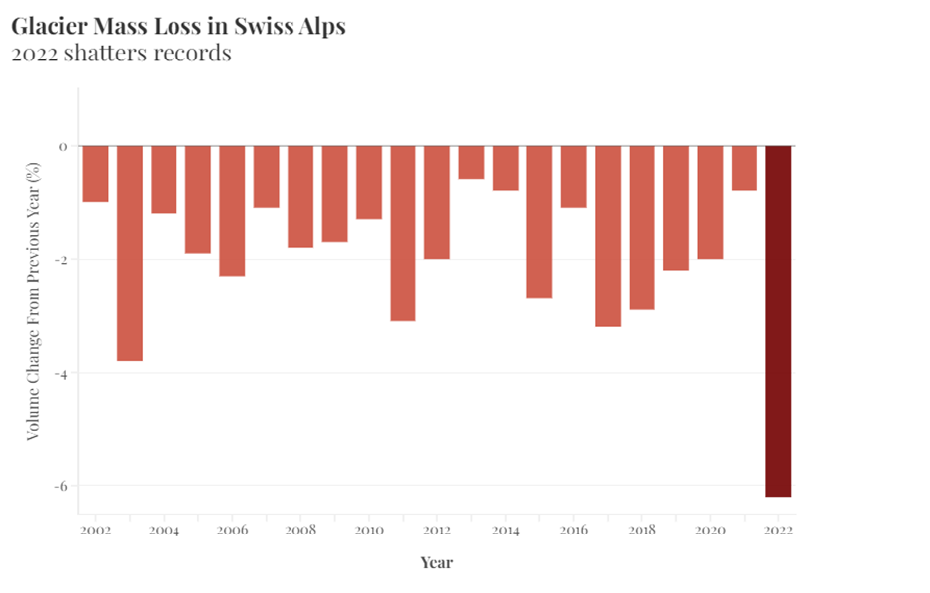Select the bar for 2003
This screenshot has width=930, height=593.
[130, 253]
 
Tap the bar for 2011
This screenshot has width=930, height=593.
[403, 233]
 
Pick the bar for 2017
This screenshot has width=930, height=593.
[608, 236]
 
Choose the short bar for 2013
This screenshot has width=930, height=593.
[471, 163]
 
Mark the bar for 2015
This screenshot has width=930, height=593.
[539, 222]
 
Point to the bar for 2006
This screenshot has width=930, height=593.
[232, 210]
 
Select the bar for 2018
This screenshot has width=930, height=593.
[641, 228]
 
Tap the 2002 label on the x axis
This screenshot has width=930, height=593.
[95, 531]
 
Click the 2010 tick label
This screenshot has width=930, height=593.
[368, 531]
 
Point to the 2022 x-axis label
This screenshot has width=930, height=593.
[778, 531]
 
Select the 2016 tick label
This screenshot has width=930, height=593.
[573, 531]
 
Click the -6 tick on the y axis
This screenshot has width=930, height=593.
[61, 486]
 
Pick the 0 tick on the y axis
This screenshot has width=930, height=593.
[64, 147]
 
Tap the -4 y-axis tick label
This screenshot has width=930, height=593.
[61, 373]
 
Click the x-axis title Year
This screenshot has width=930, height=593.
[436, 563]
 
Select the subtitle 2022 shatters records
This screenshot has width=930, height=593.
[121, 54]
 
